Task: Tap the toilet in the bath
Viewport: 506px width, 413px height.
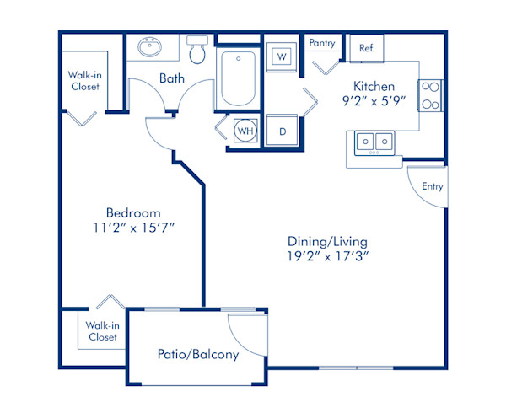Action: click(x=198, y=51)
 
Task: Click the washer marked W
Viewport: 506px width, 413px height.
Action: click(x=283, y=56)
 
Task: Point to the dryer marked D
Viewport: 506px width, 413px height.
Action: click(x=283, y=131)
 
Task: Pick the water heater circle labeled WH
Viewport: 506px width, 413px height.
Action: click(x=245, y=131)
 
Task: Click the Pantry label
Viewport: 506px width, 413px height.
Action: click(x=322, y=43)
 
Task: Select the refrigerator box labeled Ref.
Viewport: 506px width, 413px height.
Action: click(x=367, y=48)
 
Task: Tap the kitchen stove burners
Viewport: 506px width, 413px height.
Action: click(x=430, y=94)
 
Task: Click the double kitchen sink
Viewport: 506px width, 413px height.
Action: click(x=373, y=142)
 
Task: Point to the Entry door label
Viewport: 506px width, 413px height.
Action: click(x=433, y=186)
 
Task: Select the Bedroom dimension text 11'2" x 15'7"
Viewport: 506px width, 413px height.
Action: click(x=133, y=228)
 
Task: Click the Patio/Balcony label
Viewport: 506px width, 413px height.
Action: click(x=198, y=354)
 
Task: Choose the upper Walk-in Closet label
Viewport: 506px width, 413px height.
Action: click(x=84, y=80)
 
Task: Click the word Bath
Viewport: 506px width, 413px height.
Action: click(x=173, y=78)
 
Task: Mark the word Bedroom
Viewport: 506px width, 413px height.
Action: click(x=133, y=212)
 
